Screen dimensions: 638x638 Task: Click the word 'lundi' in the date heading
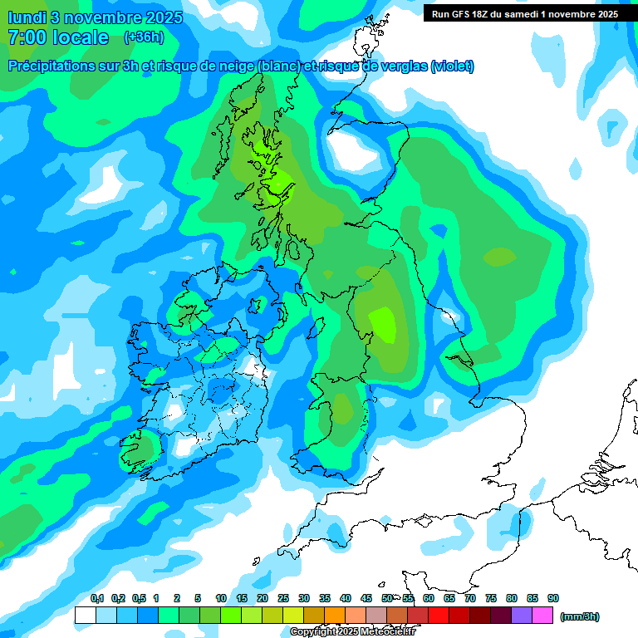(x=27, y=17)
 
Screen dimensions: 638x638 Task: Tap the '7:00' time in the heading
(x=29, y=37)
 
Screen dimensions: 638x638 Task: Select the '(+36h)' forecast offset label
(x=144, y=37)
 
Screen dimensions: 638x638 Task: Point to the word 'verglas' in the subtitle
(x=401, y=66)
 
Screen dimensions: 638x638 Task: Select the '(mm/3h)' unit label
(x=579, y=616)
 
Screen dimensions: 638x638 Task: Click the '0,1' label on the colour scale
(x=97, y=598)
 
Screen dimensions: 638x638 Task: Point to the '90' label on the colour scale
(x=553, y=598)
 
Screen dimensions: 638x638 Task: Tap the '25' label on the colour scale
(x=283, y=598)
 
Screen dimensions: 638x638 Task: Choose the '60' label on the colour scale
(x=429, y=598)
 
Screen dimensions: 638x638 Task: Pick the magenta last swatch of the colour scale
(x=543, y=615)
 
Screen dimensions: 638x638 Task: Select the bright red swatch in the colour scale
(x=439, y=615)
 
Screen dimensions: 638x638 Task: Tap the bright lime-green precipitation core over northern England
(x=384, y=322)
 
